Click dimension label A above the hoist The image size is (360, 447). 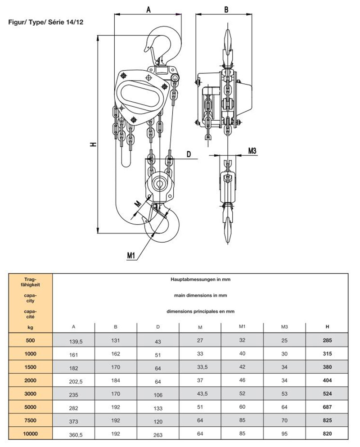tap(148, 9)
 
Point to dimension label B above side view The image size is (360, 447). tap(226, 9)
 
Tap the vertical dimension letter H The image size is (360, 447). tap(93, 144)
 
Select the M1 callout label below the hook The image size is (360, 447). tap(131, 256)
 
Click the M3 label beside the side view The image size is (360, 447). tap(252, 151)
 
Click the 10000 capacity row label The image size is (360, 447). tap(30, 435)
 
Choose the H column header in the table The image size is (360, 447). tap(327, 326)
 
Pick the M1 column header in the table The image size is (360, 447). tap(242, 326)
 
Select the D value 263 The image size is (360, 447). tap(158, 435)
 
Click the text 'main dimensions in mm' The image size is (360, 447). tap(200, 295)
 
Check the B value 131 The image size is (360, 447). tap(115, 341)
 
